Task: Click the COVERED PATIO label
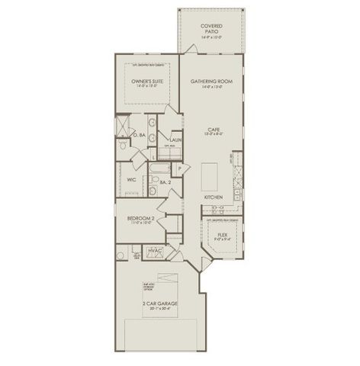(212, 30)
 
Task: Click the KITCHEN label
(213, 197)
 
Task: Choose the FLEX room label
(223, 235)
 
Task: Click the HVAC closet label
(155, 251)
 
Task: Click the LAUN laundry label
(175, 140)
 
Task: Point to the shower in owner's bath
(123, 124)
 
